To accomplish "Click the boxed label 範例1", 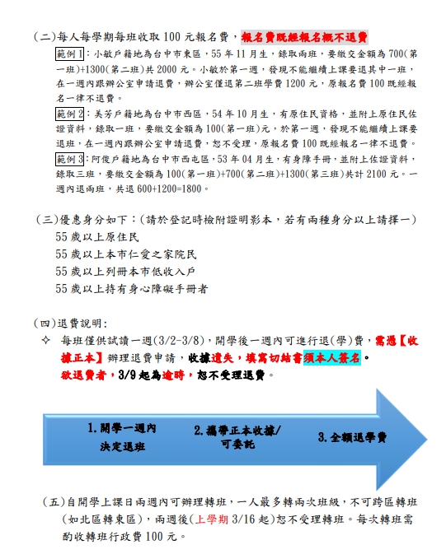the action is click(70, 54).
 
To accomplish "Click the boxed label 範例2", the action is click(70, 114).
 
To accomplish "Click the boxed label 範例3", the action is click(70, 159).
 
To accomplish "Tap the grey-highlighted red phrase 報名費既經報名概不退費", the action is click(304, 37).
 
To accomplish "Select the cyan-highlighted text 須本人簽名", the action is click(332, 357).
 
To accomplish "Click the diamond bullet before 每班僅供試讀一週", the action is click(45, 341).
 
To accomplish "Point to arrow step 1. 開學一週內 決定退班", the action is click(122, 437).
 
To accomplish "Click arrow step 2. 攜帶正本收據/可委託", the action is click(237, 437).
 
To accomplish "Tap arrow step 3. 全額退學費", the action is click(352, 437).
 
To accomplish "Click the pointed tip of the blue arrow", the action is click(427, 440).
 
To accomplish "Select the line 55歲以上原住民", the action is click(97, 237).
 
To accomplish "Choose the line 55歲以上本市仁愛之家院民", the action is click(125, 254).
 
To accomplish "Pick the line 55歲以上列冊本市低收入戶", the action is click(125, 272).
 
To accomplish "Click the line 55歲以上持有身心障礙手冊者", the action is click(132, 289).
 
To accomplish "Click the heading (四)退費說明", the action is click(70, 323).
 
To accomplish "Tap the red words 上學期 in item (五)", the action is click(212, 519).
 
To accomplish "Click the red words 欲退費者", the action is click(83, 375).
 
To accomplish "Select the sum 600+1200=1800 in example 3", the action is click(169, 189).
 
